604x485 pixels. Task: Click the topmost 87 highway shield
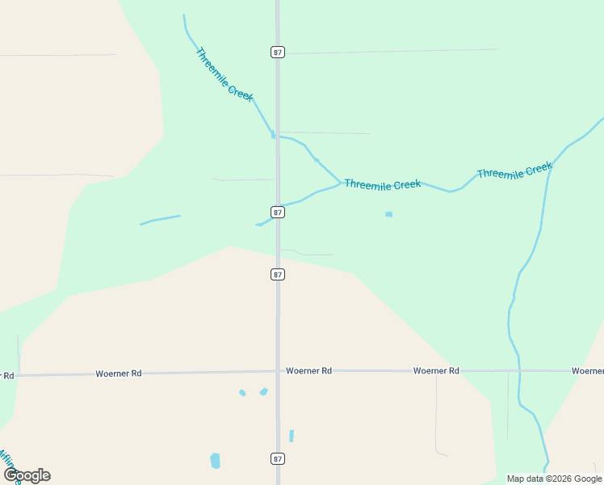(x=278, y=52)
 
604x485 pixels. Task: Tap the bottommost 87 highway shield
(x=278, y=458)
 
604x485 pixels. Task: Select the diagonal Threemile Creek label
(x=224, y=74)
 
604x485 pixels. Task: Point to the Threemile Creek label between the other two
(x=382, y=184)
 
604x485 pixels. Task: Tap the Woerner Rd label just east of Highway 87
(x=308, y=370)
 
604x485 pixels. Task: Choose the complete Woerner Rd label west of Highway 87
(x=119, y=373)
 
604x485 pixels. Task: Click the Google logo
(x=27, y=474)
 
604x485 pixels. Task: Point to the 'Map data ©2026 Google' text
(x=554, y=479)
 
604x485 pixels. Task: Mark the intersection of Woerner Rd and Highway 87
(x=278, y=371)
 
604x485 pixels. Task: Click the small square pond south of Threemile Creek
(x=388, y=214)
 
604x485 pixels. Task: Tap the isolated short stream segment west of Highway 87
(x=160, y=219)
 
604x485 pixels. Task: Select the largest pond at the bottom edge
(x=215, y=461)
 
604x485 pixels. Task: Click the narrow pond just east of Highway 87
(x=292, y=436)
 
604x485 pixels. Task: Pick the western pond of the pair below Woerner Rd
(x=242, y=393)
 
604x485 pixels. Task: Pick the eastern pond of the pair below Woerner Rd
(x=263, y=392)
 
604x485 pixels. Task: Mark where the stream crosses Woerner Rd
(x=519, y=371)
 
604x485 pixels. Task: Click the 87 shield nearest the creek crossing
(x=278, y=212)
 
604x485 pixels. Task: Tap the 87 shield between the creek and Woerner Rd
(x=278, y=274)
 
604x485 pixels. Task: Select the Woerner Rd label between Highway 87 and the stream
(x=436, y=370)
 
